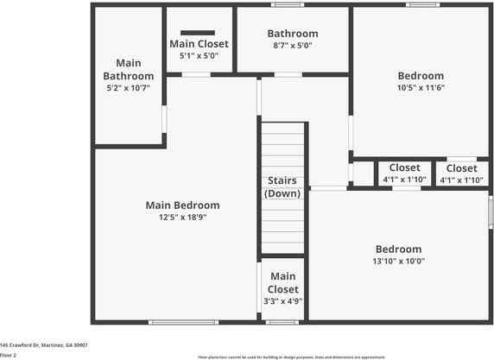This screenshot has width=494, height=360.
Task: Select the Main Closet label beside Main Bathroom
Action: pyautogui.click(x=199, y=44)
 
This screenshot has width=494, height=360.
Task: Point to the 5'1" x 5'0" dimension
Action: pyautogui.click(x=199, y=55)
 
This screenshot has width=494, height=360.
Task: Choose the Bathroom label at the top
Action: pyautogui.click(x=292, y=34)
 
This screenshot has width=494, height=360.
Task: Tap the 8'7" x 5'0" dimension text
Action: pyautogui.click(x=292, y=45)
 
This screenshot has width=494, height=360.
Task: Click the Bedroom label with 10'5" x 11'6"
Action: pyautogui.click(x=420, y=76)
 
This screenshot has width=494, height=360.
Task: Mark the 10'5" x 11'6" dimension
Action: pyautogui.click(x=420, y=88)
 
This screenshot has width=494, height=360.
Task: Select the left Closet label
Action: pyautogui.click(x=404, y=167)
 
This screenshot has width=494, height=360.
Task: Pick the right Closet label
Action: pyautogui.click(x=461, y=168)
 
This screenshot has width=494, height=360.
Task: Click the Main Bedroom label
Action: pyautogui.click(x=182, y=205)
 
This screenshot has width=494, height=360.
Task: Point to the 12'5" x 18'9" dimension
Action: pyautogui.click(x=182, y=218)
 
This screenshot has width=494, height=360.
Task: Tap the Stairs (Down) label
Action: pyautogui.click(x=282, y=186)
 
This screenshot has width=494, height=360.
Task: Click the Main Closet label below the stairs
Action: pyautogui.click(x=282, y=283)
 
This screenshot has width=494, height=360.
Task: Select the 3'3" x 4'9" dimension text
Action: pyautogui.click(x=282, y=301)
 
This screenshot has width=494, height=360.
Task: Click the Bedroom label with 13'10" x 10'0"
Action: pyautogui.click(x=398, y=249)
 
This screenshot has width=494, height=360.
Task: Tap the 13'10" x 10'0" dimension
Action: pyautogui.click(x=398, y=261)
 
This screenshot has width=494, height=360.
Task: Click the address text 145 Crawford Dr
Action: pyautogui.click(x=43, y=344)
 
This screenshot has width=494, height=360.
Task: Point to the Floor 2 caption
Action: pyautogui.click(x=9, y=354)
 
